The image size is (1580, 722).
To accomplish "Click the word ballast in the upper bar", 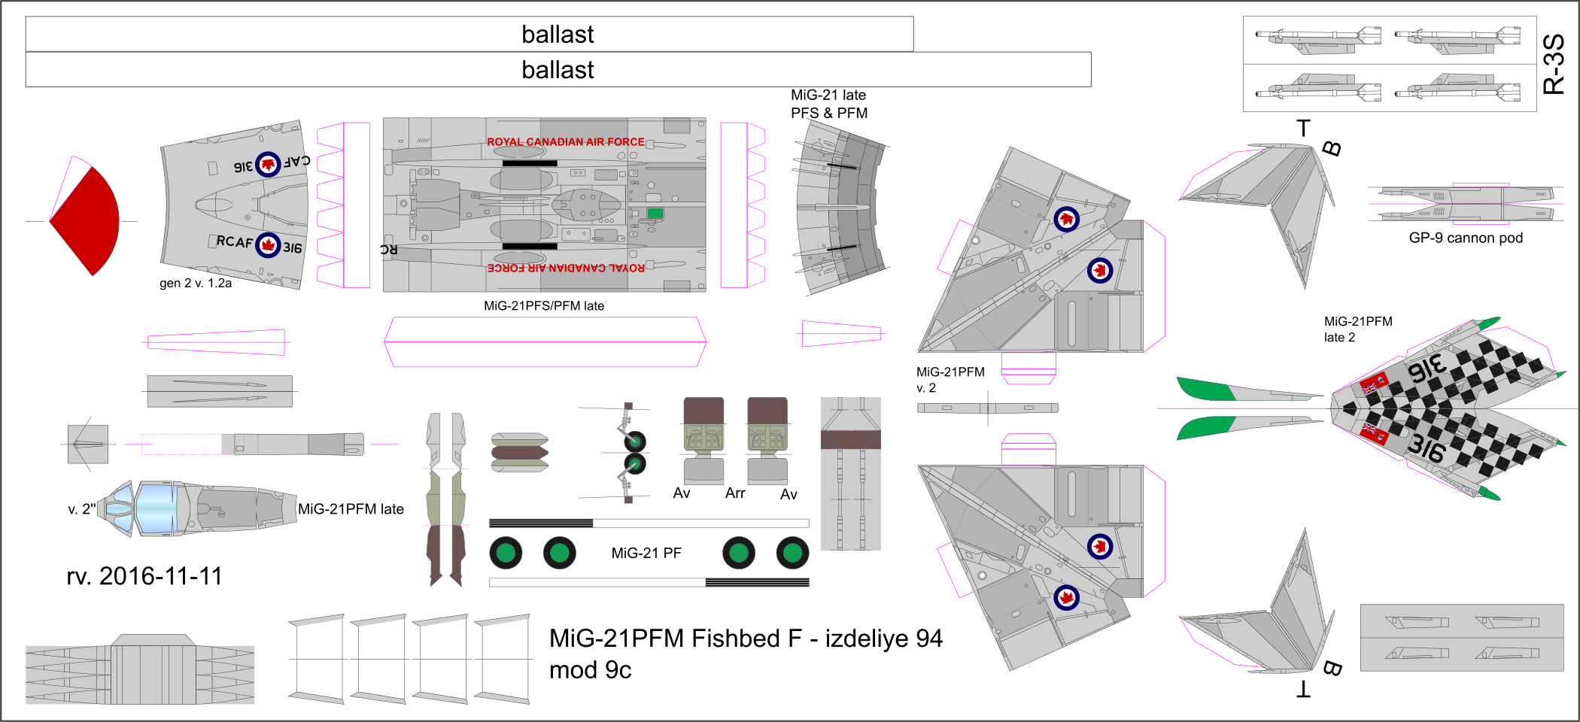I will [x=558, y=35].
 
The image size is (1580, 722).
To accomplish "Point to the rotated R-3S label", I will [x=1553, y=64].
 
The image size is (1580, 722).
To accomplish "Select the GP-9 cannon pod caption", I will [x=1465, y=238].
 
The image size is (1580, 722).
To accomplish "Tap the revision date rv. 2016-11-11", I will [x=144, y=576].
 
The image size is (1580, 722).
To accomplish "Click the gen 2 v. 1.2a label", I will [x=196, y=284].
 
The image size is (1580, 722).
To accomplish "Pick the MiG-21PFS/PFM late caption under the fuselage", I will [x=543, y=306].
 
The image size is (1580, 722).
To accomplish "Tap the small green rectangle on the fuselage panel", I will [x=655, y=214].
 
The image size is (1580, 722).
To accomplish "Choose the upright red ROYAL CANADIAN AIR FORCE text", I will [x=565, y=141].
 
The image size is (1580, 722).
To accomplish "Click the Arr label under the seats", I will [x=735, y=493].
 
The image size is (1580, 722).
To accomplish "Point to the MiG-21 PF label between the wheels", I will [x=646, y=554].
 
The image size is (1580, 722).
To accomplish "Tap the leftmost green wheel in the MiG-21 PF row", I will [x=506, y=554].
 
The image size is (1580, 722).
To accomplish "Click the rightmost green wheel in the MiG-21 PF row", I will [x=792, y=554].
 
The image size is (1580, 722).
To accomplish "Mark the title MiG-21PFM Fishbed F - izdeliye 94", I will [x=746, y=639].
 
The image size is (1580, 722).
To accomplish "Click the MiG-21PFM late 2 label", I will [x=1357, y=329].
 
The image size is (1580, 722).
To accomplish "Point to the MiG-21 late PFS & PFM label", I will [x=828, y=104].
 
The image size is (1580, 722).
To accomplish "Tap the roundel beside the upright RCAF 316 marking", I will [x=268, y=244].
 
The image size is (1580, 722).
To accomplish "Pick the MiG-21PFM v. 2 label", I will [x=950, y=380].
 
